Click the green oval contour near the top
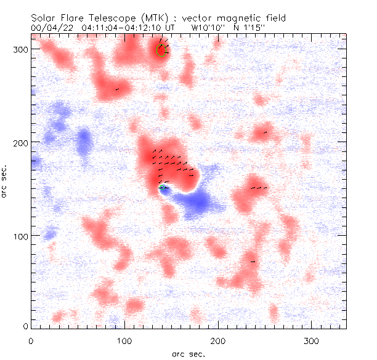[161, 50]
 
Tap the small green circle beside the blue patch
[162, 188]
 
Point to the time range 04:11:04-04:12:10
[131, 28]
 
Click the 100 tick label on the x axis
[124, 340]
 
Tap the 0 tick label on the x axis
[31, 340]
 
